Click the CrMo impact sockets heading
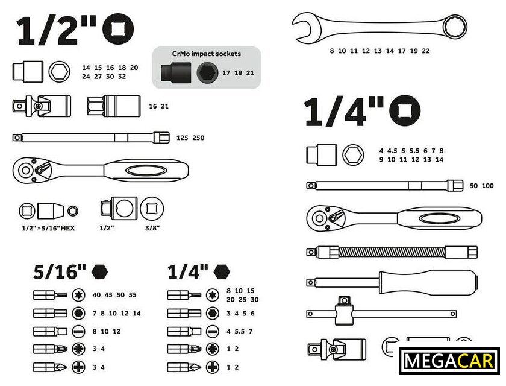pyautogui.click(x=207, y=54)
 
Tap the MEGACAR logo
pyautogui.click(x=449, y=361)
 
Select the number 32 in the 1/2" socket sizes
pyautogui.click(x=122, y=77)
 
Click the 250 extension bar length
pyautogui.click(x=198, y=138)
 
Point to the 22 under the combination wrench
pyautogui.click(x=426, y=51)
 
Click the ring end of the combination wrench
pyautogui.click(x=455, y=27)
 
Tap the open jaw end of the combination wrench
pyautogui.click(x=305, y=28)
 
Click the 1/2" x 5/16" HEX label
pyautogui.click(x=48, y=229)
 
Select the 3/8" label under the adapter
pyautogui.click(x=152, y=228)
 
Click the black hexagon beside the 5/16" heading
pyautogui.click(x=99, y=271)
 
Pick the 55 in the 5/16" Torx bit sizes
pyautogui.click(x=133, y=295)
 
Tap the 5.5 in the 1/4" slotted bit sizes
pyautogui.click(x=240, y=331)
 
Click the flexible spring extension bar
pyautogui.click(x=392, y=252)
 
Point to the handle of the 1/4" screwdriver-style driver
pyautogui.click(x=428, y=282)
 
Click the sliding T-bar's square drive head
pyautogui.click(x=344, y=311)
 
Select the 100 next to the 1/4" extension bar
pyautogui.click(x=487, y=186)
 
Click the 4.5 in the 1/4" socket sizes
pyautogui.click(x=392, y=151)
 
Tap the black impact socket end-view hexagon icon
pyautogui.click(x=207, y=73)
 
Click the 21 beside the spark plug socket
pyautogui.click(x=164, y=106)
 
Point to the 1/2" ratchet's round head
pyautogui.click(x=27, y=170)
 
